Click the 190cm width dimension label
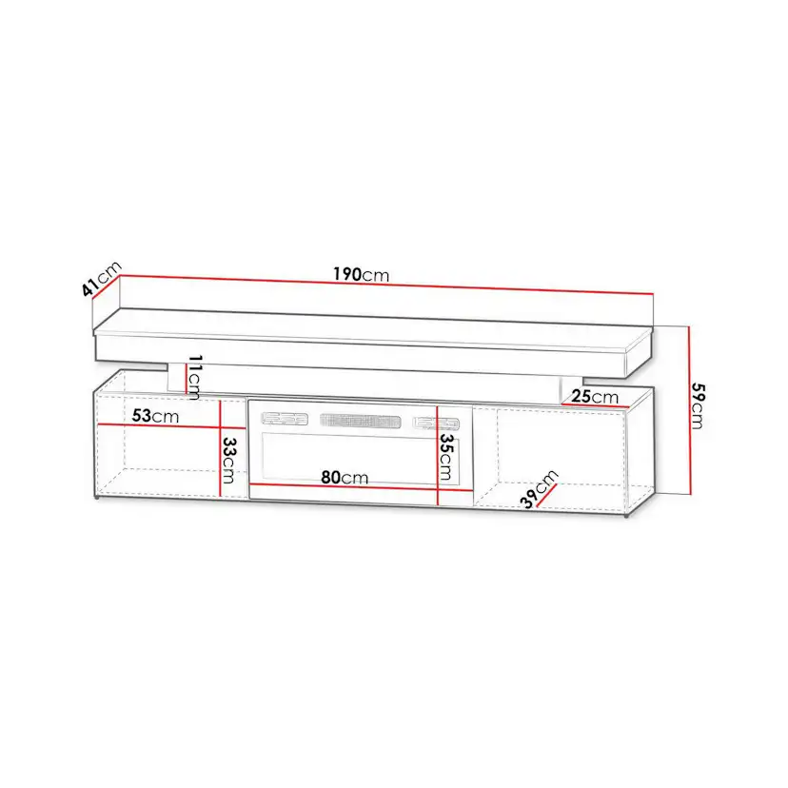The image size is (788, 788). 361,274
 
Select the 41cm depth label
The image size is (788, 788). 102,279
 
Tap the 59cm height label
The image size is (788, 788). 698,406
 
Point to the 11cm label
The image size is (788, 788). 194,377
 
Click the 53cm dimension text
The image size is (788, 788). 155,416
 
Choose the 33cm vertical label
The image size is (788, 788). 228,461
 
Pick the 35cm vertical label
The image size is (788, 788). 445,457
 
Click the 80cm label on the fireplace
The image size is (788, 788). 345,478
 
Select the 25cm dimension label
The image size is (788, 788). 595,397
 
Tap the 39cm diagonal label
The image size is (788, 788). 539,489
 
